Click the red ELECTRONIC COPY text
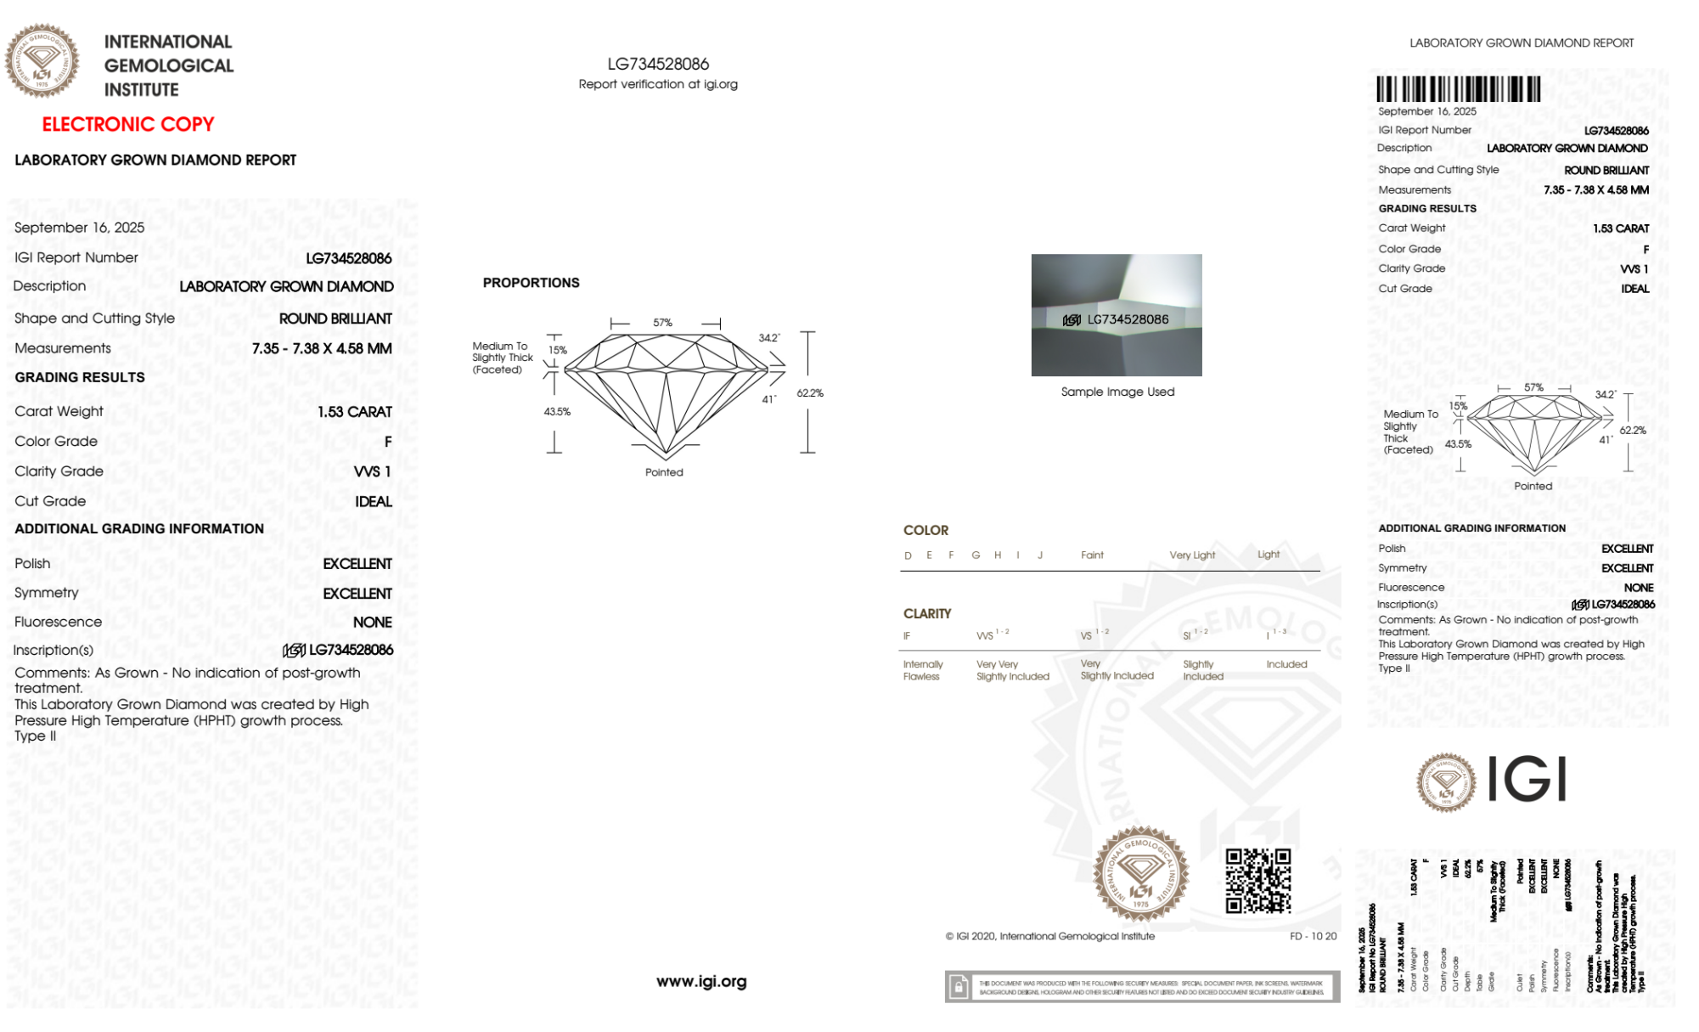point(128,124)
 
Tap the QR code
point(1257,881)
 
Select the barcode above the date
point(1458,89)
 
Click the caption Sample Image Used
point(1117,392)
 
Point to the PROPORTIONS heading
point(531,283)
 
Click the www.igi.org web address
point(701,981)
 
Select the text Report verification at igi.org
point(658,84)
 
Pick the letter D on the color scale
point(908,555)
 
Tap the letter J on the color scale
point(1040,555)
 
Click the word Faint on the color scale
point(1092,555)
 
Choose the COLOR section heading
point(925,530)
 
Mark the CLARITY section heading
point(927,613)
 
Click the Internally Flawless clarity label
point(922,670)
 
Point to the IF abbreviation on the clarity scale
point(907,636)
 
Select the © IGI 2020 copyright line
point(1050,936)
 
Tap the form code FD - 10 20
point(1313,936)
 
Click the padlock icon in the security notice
point(959,987)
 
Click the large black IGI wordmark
point(1527,780)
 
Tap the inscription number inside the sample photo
point(1128,319)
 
